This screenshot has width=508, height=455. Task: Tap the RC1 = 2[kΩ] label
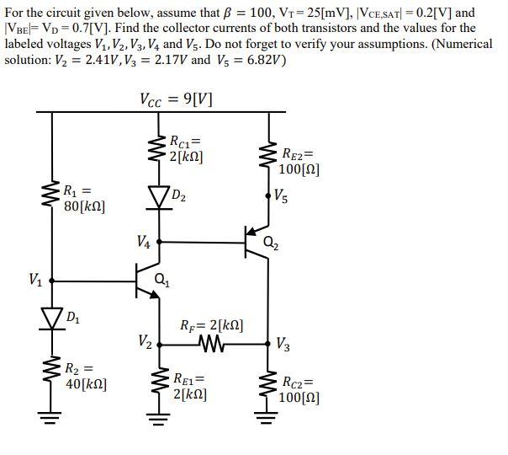pyautogui.click(x=186, y=148)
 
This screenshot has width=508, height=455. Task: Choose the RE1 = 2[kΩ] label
pyautogui.click(x=191, y=385)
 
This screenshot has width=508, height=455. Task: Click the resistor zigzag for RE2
pyautogui.click(x=269, y=157)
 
